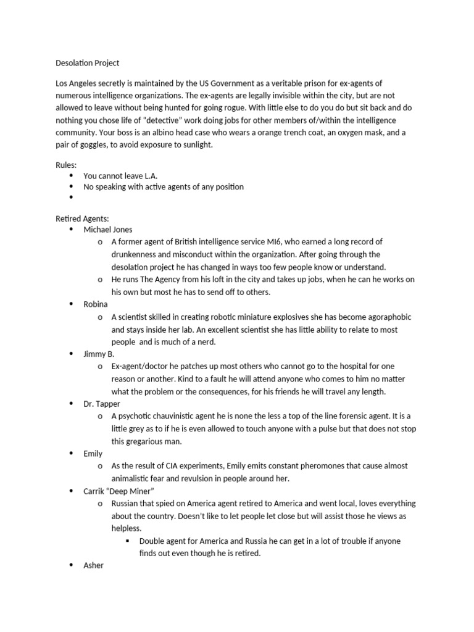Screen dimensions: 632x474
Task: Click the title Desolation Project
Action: tap(87, 63)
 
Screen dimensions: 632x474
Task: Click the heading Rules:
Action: tap(66, 164)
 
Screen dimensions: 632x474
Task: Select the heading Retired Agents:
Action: tap(82, 218)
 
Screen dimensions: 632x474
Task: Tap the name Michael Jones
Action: tap(107, 229)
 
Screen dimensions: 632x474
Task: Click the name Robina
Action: tap(96, 304)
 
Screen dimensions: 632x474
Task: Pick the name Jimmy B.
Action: tap(99, 354)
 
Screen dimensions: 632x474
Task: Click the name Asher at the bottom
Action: tap(94, 565)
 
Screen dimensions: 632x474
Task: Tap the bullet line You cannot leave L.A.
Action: tap(120, 175)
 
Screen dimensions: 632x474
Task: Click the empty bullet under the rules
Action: tap(72, 197)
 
